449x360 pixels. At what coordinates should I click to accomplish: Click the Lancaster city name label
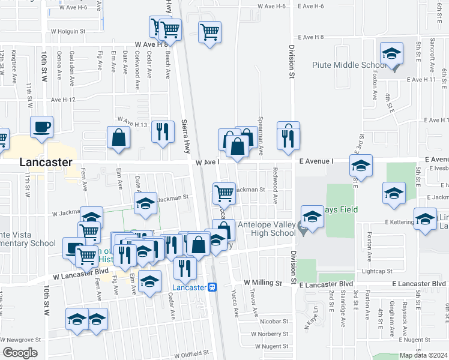click(x=46, y=162)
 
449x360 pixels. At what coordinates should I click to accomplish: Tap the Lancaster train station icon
click(x=211, y=287)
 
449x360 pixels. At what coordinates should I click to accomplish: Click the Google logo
click(x=20, y=353)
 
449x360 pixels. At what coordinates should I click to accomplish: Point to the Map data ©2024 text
click(x=423, y=355)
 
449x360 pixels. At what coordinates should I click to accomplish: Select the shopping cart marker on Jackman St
click(x=224, y=193)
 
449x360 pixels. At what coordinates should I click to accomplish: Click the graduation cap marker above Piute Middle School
click(x=391, y=53)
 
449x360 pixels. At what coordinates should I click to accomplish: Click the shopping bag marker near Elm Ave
click(x=119, y=137)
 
